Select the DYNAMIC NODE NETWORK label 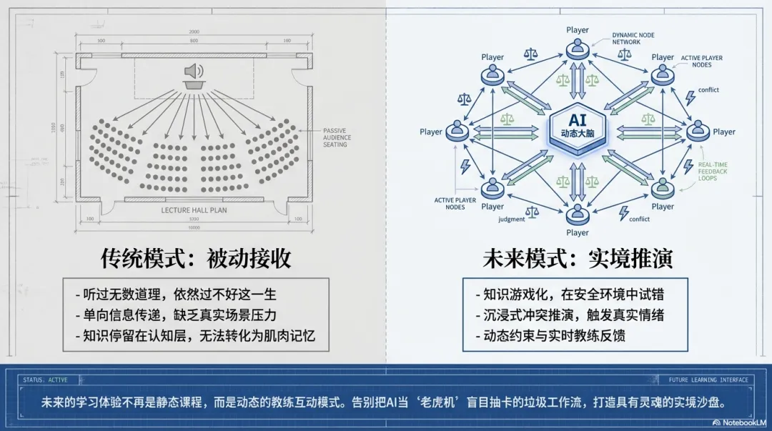coord(633,39)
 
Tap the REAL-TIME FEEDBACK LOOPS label coord(713,172)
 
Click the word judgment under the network coord(511,219)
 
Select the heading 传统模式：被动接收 coord(195,258)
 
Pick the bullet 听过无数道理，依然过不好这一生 coord(175,294)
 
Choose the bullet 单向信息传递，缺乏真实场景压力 coord(175,314)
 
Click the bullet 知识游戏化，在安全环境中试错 coord(570,294)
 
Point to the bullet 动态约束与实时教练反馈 coord(549,335)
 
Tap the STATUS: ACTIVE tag coord(45,380)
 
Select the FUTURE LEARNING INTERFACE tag coord(708,380)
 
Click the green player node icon coord(663,189)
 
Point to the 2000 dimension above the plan coord(194,32)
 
